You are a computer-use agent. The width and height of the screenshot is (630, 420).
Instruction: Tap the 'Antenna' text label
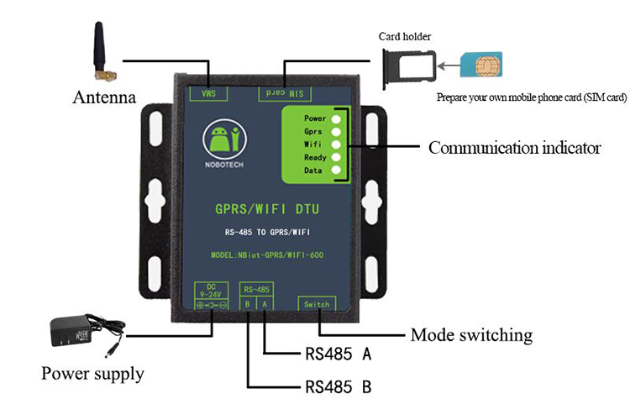pos(105,97)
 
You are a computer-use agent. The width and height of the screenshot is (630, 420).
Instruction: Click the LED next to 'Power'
pos(337,118)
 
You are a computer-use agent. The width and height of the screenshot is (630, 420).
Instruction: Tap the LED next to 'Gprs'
pos(337,131)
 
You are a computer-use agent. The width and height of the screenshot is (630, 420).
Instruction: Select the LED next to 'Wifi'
pos(337,144)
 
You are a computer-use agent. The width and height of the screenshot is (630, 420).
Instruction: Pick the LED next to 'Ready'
pos(337,157)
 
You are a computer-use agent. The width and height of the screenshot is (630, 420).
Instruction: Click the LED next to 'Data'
pos(337,170)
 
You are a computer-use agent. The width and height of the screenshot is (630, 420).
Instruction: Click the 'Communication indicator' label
pos(514,149)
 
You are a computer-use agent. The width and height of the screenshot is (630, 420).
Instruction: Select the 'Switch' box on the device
pos(317,304)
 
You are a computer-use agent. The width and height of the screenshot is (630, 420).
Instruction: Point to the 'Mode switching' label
pos(471,335)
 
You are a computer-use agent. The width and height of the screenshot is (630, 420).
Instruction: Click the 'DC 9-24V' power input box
pos(212,298)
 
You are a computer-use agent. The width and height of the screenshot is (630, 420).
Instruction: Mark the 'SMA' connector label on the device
pos(203,91)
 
